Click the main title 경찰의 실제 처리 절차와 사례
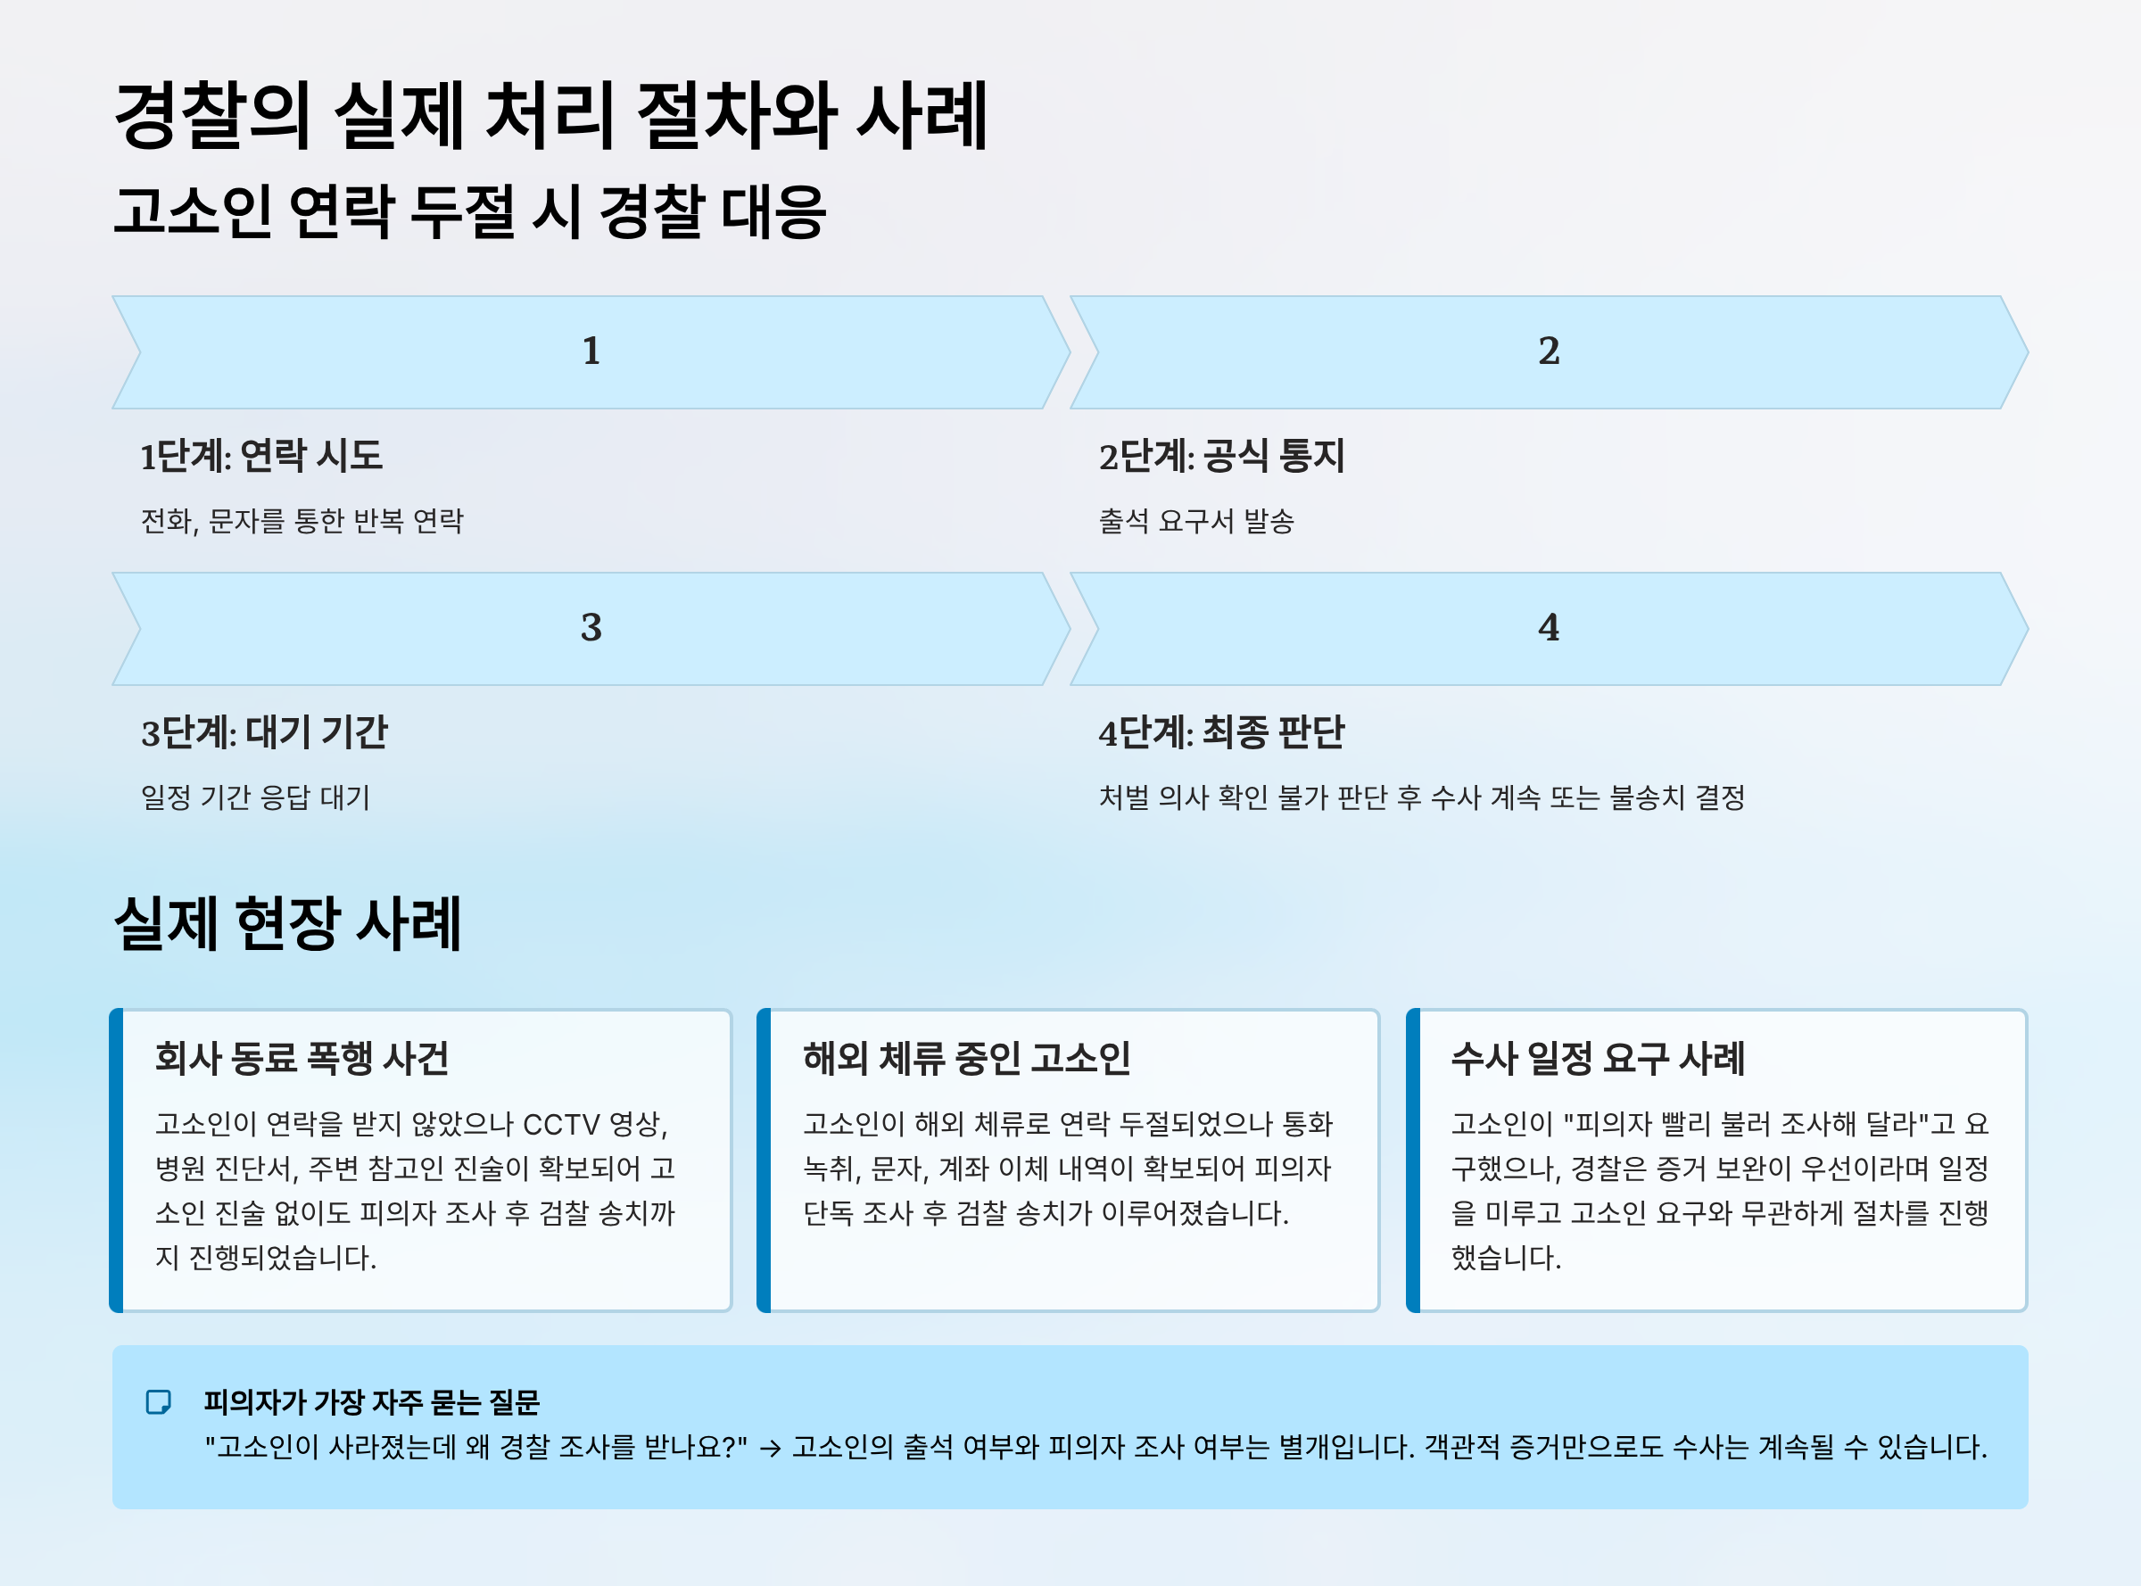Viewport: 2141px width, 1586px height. (x=550, y=116)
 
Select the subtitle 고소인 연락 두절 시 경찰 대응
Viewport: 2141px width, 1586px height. (x=469, y=212)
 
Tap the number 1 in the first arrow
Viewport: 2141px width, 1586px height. (x=591, y=351)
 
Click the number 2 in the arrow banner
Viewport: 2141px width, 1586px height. (x=1549, y=351)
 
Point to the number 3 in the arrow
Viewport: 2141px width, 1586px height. (x=591, y=628)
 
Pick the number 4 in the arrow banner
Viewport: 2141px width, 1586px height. (x=1549, y=628)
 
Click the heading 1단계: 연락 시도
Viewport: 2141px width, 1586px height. (x=261, y=456)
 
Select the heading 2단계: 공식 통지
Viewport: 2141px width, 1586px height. (x=1221, y=456)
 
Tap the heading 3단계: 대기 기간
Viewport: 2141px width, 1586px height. (x=264, y=732)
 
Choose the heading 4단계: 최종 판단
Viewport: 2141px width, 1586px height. (x=1221, y=732)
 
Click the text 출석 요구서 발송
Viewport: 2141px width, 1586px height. (x=1196, y=521)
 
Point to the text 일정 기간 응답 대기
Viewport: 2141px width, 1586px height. (x=255, y=797)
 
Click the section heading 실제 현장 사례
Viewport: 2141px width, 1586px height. (x=287, y=923)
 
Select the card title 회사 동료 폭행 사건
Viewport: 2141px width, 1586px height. (x=302, y=1058)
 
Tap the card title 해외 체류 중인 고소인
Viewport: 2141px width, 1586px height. (x=967, y=1058)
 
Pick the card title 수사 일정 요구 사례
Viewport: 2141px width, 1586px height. (x=1598, y=1058)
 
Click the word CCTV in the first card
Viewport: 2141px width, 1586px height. (x=561, y=1124)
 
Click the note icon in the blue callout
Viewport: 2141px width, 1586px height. (x=159, y=1402)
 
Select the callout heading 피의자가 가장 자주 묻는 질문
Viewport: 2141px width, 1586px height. (x=372, y=1402)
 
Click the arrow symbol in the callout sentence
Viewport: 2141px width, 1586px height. (x=770, y=1449)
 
